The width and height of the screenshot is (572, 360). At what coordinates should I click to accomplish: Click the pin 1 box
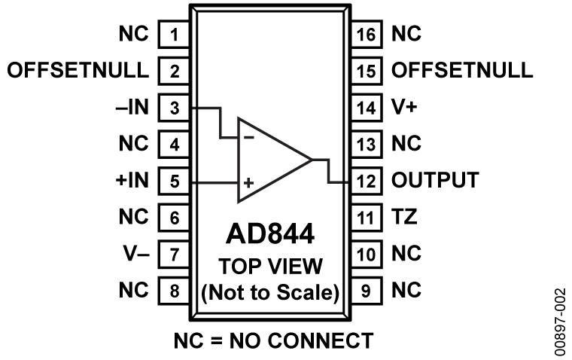(x=174, y=35)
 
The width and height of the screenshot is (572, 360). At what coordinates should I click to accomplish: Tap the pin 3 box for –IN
(x=174, y=108)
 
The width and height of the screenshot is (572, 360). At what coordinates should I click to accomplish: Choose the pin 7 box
(x=174, y=254)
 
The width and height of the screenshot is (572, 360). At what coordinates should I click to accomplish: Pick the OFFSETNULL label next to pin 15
(x=462, y=72)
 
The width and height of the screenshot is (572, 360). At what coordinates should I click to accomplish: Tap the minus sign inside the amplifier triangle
(x=248, y=139)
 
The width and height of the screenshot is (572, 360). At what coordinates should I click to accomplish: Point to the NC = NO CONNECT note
(x=272, y=340)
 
